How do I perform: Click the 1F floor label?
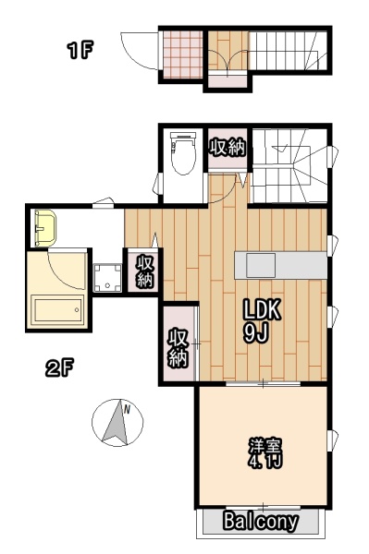coord(80,50)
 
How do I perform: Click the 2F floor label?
coord(59,368)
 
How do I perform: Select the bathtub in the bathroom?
coord(57,310)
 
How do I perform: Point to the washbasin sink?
coord(45,228)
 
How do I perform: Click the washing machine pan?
coord(107,278)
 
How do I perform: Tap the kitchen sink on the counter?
coord(261,265)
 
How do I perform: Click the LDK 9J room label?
coord(261,320)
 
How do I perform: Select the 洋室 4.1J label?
coord(265,453)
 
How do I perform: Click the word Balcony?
coord(261,521)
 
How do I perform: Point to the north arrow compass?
coord(117,423)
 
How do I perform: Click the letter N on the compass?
coord(127,410)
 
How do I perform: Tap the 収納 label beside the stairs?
coord(227,148)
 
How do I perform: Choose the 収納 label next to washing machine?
coord(144,271)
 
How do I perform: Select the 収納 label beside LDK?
coord(178,348)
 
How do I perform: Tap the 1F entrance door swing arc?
coord(139,51)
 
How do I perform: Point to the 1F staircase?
coord(289,51)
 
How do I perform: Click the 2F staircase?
coord(289,165)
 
